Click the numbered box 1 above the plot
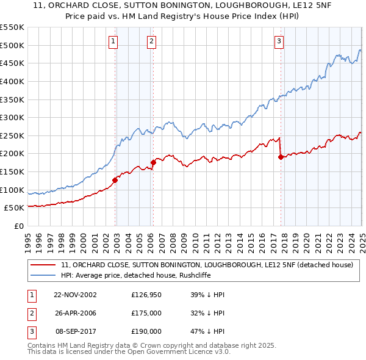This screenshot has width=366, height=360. pyautogui.click(x=114, y=41)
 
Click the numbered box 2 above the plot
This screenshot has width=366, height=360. pyautogui.click(x=151, y=41)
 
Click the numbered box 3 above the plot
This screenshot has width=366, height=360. pyautogui.click(x=279, y=41)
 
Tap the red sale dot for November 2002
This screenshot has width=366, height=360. pyautogui.click(x=115, y=179)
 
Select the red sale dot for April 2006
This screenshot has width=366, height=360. pyautogui.click(x=152, y=162)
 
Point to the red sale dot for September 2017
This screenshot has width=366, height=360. pyautogui.click(x=280, y=157)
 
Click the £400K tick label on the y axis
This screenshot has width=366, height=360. pyautogui.click(x=12, y=81)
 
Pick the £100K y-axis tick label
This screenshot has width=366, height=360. pyautogui.click(x=12, y=190)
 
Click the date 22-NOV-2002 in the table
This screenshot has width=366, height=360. pyautogui.click(x=75, y=295)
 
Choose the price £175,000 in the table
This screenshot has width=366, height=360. pyautogui.click(x=146, y=313)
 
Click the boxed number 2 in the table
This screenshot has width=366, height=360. pyautogui.click(x=31, y=313)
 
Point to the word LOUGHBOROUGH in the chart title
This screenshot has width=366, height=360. pyautogui.click(x=216, y=7)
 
